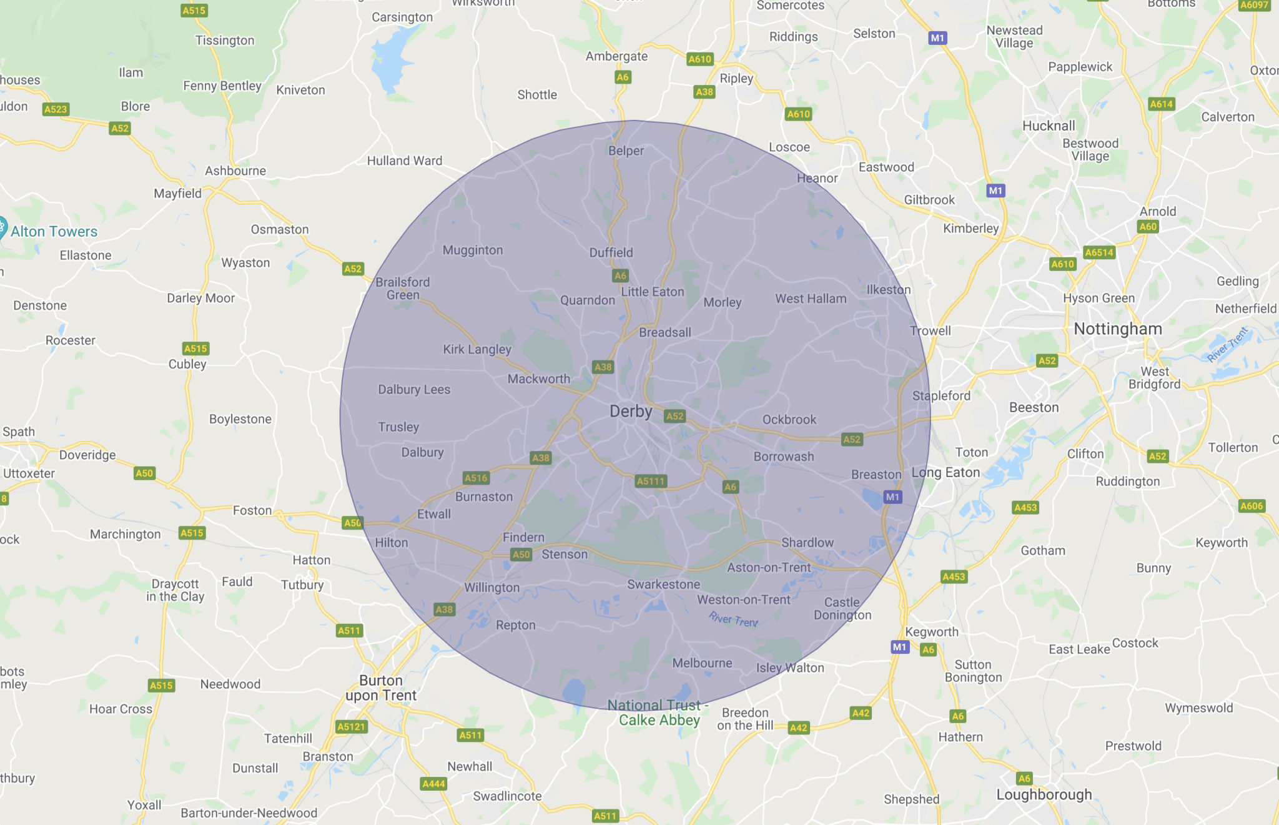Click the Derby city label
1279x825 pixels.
pyautogui.click(x=631, y=412)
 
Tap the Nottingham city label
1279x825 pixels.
pyautogui.click(x=1118, y=329)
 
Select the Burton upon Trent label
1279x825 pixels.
pyautogui.click(x=381, y=688)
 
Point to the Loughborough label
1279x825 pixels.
pyautogui.click(x=1044, y=794)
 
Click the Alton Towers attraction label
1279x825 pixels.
pyautogui.click(x=54, y=232)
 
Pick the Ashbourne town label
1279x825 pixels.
pyautogui.click(x=235, y=170)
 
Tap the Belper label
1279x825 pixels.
pyautogui.click(x=626, y=151)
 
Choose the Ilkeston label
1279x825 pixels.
pyautogui.click(x=889, y=290)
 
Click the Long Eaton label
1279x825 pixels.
pyautogui.click(x=946, y=472)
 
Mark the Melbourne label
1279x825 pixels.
pyautogui.click(x=702, y=663)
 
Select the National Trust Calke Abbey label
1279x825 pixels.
pyautogui.click(x=658, y=713)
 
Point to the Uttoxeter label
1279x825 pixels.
pyautogui.click(x=29, y=473)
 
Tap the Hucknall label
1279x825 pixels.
pyautogui.click(x=1049, y=126)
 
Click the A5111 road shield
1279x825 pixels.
pyautogui.click(x=651, y=481)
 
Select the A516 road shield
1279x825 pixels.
pyautogui.click(x=476, y=478)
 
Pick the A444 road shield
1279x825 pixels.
pyautogui.click(x=433, y=784)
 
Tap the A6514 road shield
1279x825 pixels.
pyautogui.click(x=1099, y=252)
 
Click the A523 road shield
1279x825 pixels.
pyautogui.click(x=55, y=109)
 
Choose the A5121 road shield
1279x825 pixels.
pyautogui.click(x=351, y=726)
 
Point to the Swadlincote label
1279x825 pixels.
pyautogui.click(x=507, y=796)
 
